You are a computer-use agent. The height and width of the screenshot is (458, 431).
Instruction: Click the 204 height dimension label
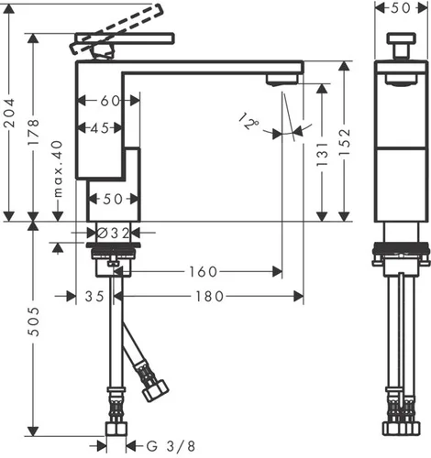click(9, 113)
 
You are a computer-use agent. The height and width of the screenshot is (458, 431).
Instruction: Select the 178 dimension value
click(34, 133)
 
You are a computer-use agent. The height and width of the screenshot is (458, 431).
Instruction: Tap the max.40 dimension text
click(58, 169)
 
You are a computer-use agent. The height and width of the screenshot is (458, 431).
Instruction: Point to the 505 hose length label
click(34, 322)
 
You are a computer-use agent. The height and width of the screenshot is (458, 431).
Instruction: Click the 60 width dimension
click(110, 101)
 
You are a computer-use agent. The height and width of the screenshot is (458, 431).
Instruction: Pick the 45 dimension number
click(100, 128)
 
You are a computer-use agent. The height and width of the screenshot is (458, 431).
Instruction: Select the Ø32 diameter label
click(113, 234)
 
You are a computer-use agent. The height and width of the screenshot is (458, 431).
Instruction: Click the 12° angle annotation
click(249, 121)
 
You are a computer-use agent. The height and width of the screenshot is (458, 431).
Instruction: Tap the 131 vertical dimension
click(322, 154)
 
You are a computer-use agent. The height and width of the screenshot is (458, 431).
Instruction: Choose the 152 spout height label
click(345, 142)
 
